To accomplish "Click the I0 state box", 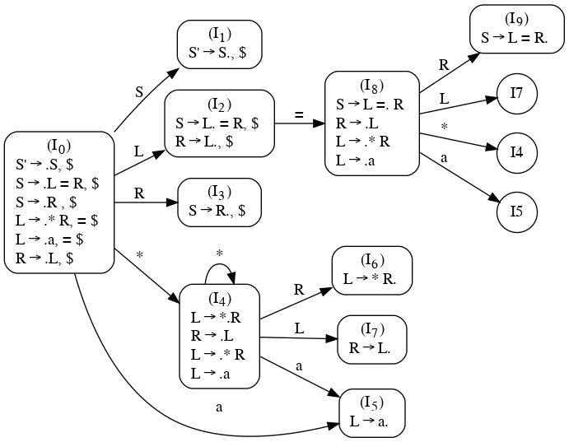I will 58,202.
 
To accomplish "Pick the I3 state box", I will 219,202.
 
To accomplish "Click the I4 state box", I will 219,336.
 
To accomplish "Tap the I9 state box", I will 517,29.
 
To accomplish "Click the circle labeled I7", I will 517,94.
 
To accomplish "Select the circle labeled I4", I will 517,152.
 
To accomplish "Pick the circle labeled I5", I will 517,211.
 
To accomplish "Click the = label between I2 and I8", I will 300,114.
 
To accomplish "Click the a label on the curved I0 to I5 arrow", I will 219,407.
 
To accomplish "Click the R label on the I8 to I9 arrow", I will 444,64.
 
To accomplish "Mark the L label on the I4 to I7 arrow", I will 300,328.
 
